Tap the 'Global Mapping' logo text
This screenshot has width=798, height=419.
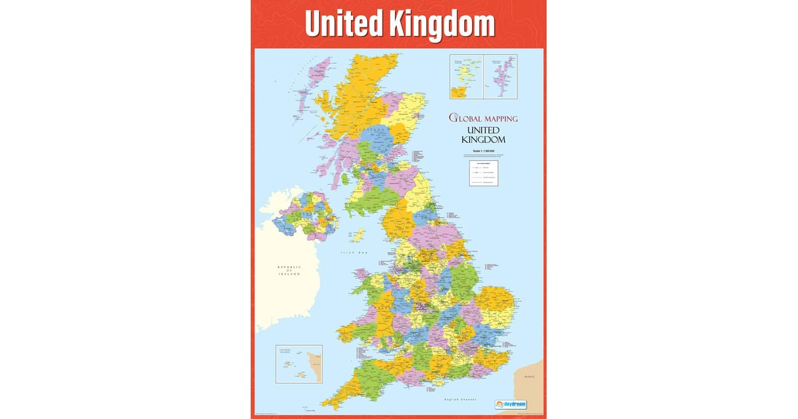point(483,118)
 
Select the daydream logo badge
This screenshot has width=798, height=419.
point(511,403)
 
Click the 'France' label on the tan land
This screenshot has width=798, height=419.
point(529,376)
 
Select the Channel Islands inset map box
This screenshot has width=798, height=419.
point(299,364)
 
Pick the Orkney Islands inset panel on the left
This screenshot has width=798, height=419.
point(467,76)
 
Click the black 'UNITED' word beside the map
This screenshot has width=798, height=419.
point(483,130)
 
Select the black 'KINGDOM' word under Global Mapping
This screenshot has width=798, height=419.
point(483,140)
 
